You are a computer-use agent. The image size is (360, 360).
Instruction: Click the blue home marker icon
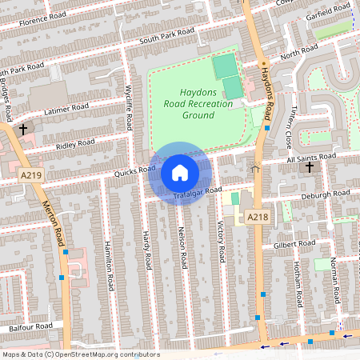[180, 173]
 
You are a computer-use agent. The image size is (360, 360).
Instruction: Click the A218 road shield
[256, 217]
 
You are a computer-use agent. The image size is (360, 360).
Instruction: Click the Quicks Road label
[134, 170]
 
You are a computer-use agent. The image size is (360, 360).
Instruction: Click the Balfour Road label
[31, 326]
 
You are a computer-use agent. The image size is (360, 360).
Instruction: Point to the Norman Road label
[333, 281]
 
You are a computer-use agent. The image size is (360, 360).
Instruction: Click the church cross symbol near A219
[23, 128]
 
